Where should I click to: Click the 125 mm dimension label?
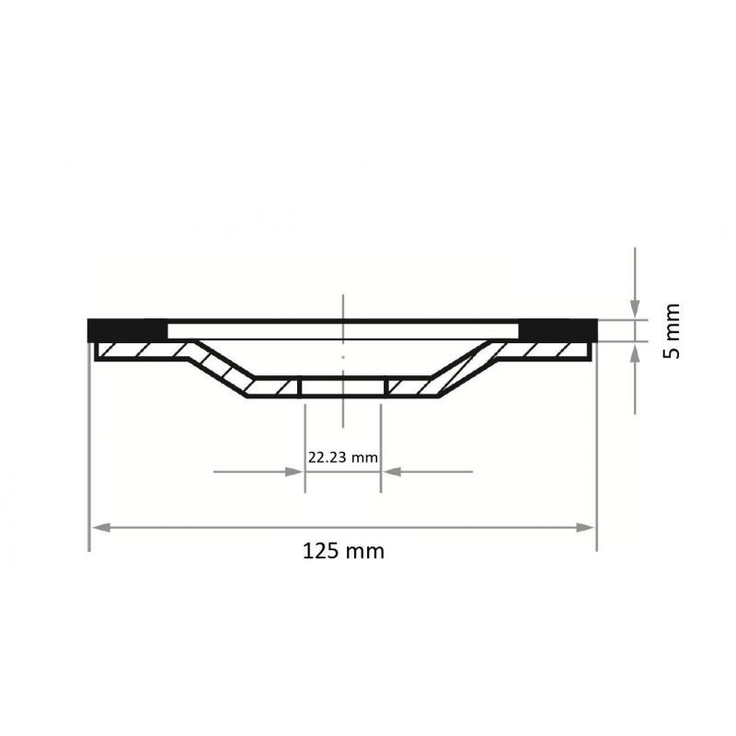(343, 552)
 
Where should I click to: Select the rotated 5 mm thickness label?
(673, 331)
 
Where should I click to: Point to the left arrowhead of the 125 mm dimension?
(99, 527)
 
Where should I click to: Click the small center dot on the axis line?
(342, 355)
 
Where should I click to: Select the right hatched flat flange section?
(547, 351)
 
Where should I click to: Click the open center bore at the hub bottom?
(342, 387)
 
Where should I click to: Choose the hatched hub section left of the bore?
(274, 387)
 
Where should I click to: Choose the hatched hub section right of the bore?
(409, 387)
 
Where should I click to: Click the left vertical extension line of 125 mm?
(89, 460)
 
